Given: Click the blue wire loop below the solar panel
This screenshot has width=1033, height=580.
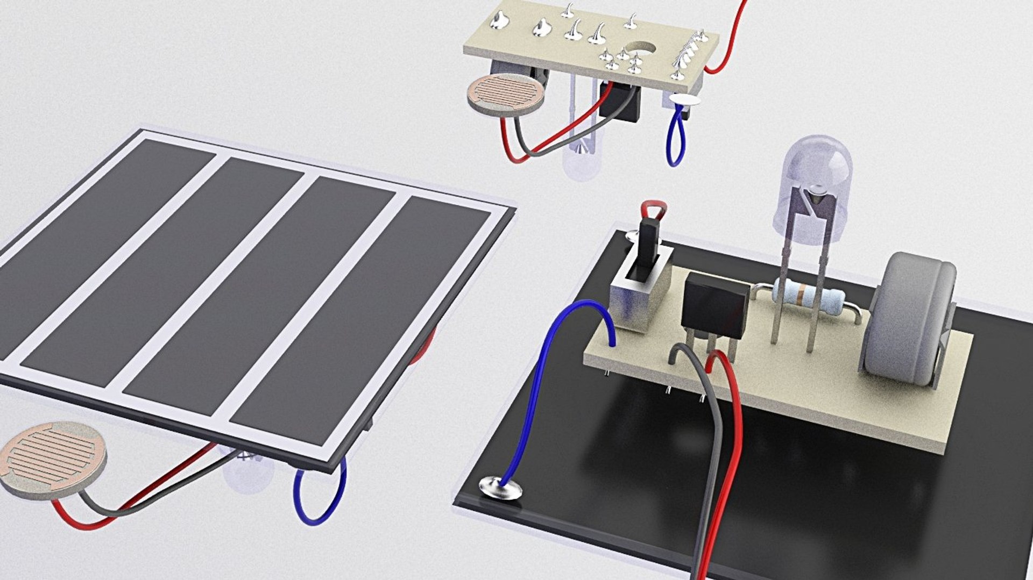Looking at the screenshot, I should pos(320,495).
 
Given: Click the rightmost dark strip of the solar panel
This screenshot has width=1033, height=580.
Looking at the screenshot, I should pos(366,323).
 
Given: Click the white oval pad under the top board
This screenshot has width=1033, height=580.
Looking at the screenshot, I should pos(684,99).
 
